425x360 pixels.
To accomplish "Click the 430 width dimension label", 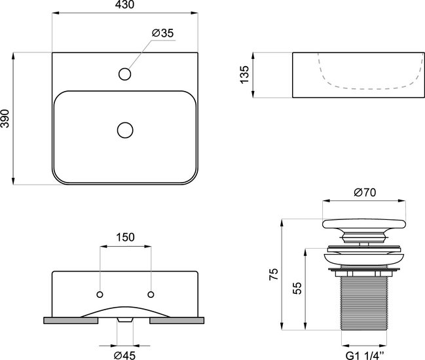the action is click(124, 5).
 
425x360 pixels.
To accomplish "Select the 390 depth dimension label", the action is click(5, 118).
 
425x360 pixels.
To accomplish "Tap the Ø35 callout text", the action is click(162, 33).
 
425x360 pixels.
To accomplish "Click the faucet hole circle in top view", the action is click(124, 74).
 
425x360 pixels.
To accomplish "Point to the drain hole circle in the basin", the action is click(125, 130).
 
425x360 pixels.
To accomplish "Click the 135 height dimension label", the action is click(244, 75).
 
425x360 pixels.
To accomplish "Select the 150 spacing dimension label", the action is click(125, 238).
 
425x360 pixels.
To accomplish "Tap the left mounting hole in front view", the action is click(100, 295).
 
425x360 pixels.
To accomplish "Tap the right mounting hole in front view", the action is click(151, 295).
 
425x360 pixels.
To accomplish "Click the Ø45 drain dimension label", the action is click(124, 355).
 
